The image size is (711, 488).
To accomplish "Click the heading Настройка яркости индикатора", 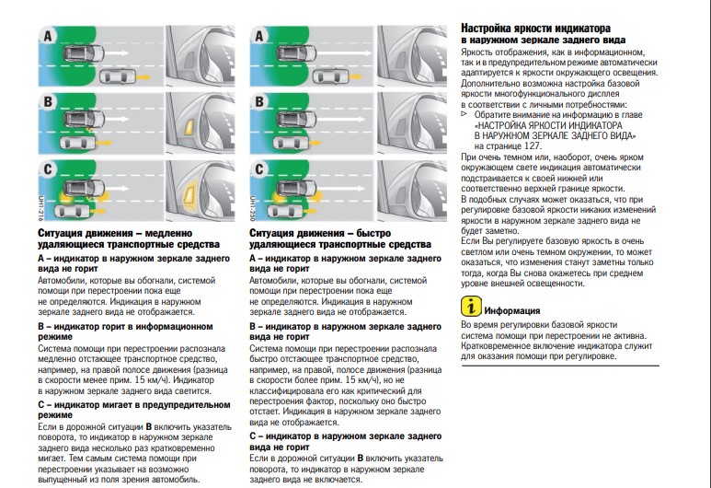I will coord(535,29).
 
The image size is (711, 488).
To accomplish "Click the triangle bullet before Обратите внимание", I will coord(464,114).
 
